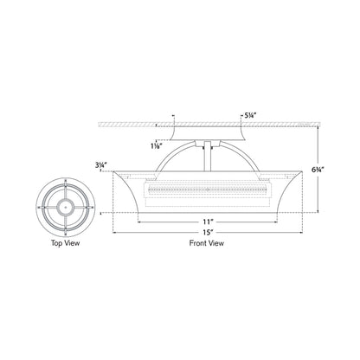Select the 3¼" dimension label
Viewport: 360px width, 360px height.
tap(100, 162)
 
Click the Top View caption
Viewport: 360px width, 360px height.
tap(62, 244)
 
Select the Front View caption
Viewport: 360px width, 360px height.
tap(205, 245)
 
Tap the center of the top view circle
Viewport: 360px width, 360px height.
tap(63, 207)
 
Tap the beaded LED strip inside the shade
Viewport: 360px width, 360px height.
tap(205, 186)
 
